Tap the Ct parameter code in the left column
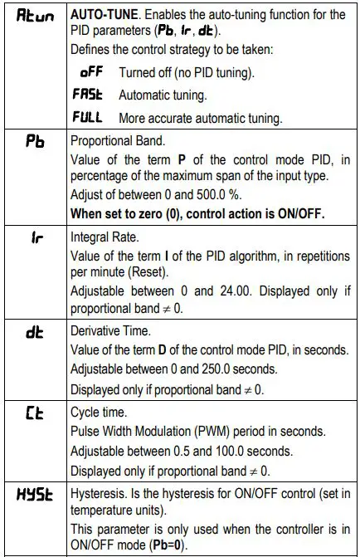pyautogui.click(x=32, y=410)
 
